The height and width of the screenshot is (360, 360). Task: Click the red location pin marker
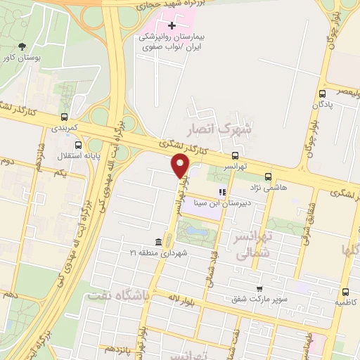pos(181,166)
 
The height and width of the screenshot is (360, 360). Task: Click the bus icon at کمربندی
pos(64,118)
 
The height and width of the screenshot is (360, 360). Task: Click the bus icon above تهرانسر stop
pos(236,155)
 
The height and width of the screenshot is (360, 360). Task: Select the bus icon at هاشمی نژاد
pos(267,177)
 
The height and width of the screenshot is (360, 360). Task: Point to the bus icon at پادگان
pos(322,94)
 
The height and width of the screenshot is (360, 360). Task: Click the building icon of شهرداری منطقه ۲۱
pos(156,242)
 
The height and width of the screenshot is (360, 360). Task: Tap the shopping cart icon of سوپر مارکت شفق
pos(259,288)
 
